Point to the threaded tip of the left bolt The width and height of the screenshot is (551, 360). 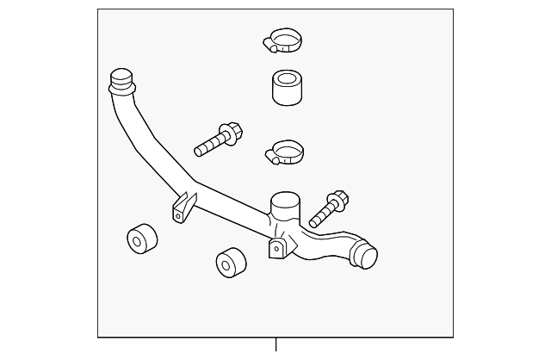click(200, 151)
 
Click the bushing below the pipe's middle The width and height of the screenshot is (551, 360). click(227, 263)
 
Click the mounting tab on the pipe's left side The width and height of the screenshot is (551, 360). click(182, 208)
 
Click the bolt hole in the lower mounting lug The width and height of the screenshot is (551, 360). click(277, 250)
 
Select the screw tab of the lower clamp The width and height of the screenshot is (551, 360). click(271, 157)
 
